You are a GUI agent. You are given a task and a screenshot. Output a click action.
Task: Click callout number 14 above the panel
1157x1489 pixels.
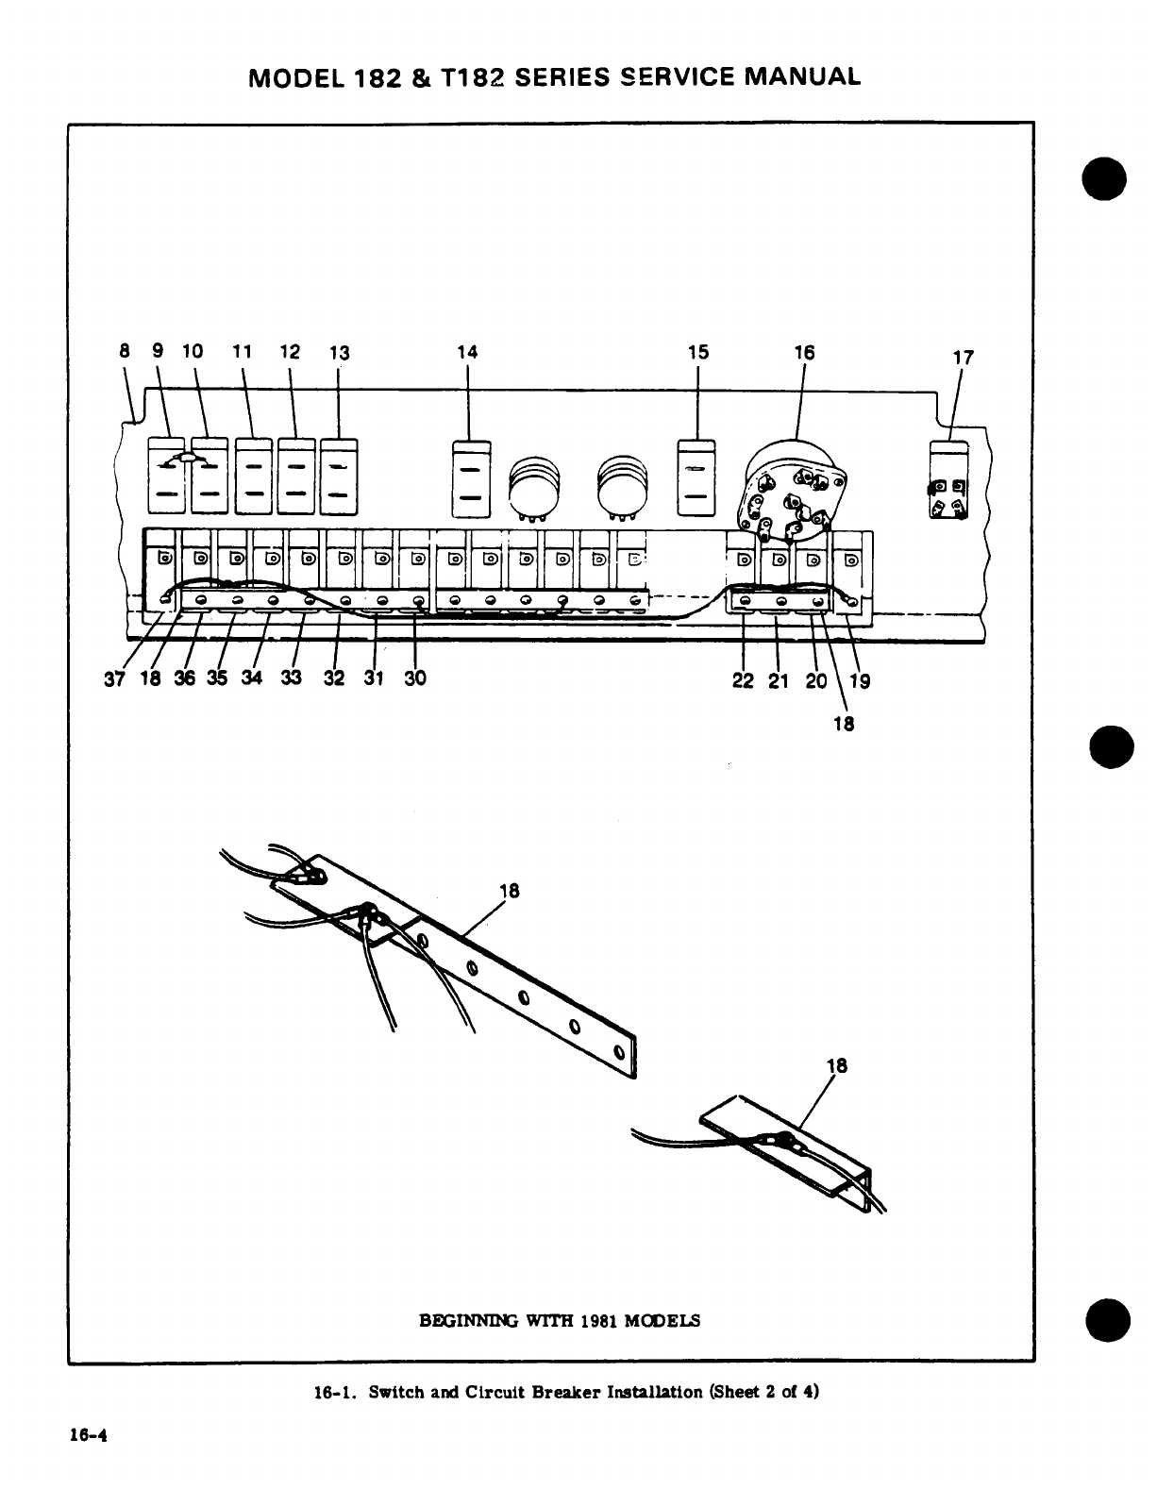(x=467, y=352)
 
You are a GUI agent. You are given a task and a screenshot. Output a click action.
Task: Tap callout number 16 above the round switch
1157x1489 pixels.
(x=804, y=352)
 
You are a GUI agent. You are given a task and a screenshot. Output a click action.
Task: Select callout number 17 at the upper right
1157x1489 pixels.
(x=963, y=358)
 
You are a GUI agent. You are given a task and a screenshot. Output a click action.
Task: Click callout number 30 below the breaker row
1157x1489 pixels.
(x=415, y=678)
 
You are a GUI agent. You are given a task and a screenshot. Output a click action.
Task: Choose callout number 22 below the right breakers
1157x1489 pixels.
(x=744, y=678)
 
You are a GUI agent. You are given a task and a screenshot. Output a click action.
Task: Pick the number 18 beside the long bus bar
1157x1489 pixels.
(x=509, y=891)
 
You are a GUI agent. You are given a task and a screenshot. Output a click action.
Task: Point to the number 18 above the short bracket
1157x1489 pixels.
(x=837, y=1065)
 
